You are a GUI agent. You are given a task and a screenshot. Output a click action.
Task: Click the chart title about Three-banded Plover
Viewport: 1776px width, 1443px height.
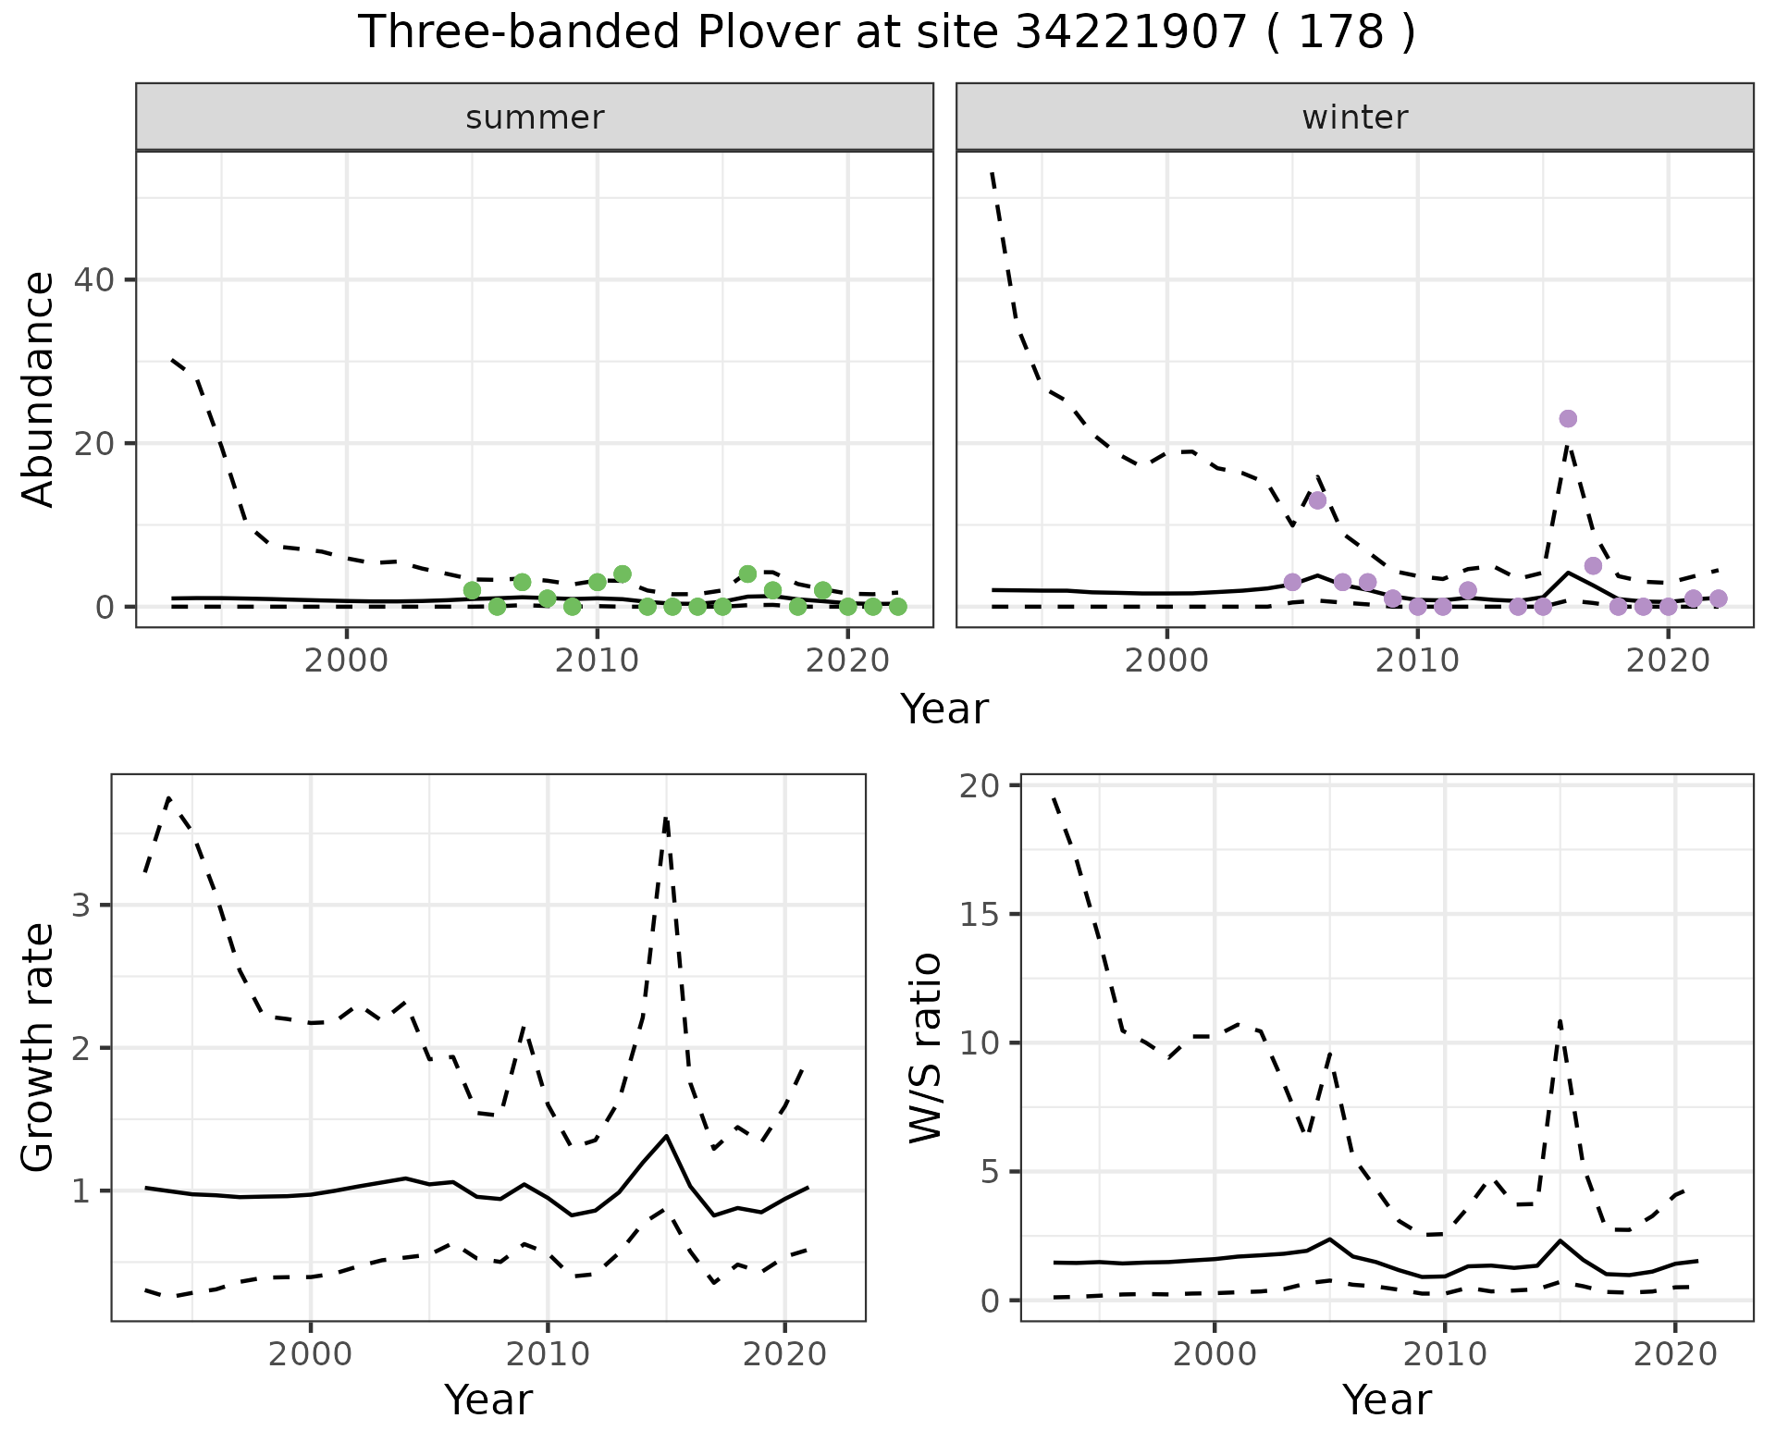[886, 33]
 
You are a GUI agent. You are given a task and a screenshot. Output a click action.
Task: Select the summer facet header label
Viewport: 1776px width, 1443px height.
[535, 117]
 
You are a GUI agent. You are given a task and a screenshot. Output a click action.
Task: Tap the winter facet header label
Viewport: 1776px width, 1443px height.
[1354, 117]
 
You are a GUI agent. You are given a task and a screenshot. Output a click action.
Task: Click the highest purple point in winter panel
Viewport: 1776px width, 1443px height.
[1568, 419]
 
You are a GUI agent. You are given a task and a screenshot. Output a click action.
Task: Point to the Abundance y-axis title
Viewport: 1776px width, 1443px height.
[39, 388]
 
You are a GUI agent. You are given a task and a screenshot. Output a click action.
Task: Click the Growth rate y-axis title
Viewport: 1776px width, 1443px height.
[39, 1047]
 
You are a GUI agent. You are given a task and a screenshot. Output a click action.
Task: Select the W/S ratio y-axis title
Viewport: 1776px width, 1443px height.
[925, 1047]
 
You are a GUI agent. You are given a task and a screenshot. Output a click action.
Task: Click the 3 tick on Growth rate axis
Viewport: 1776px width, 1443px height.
[80, 906]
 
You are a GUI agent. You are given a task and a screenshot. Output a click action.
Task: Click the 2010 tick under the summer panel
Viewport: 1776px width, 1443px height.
[597, 661]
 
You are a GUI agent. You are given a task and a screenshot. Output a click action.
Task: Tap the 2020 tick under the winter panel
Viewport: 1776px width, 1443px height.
[1668, 661]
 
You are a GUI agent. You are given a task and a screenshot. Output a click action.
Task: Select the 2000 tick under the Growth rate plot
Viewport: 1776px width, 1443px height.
[311, 1355]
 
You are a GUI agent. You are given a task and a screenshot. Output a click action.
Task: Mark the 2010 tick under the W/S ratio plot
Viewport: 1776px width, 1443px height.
[1444, 1355]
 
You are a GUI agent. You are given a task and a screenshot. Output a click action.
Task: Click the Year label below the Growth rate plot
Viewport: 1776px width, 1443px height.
[488, 1400]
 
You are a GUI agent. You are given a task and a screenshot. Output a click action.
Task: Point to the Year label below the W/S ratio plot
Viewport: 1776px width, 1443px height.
[1387, 1400]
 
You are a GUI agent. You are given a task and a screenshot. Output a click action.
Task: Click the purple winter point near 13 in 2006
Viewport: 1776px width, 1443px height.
[1317, 500]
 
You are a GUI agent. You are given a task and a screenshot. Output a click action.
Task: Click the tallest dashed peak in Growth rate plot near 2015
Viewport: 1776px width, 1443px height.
[666, 818]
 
